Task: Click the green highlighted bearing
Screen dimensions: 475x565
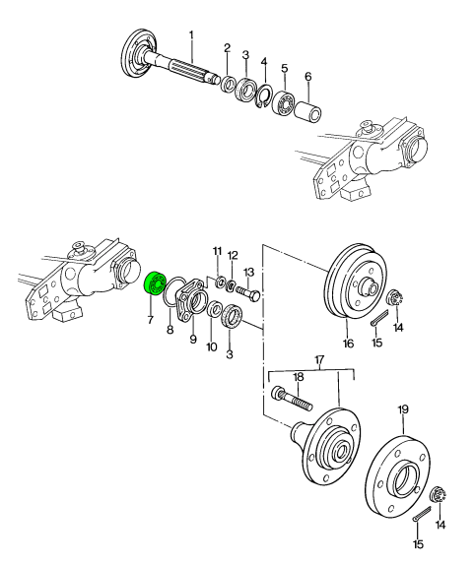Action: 154,283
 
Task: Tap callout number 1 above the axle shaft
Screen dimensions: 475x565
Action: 191,35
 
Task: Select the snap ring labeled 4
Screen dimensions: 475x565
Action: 265,94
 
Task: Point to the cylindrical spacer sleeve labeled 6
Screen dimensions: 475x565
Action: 308,110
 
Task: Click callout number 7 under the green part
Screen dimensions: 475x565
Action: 150,319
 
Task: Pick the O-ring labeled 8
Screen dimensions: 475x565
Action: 172,291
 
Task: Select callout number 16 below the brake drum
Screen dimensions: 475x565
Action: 348,343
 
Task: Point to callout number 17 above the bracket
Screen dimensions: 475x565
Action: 319,359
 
